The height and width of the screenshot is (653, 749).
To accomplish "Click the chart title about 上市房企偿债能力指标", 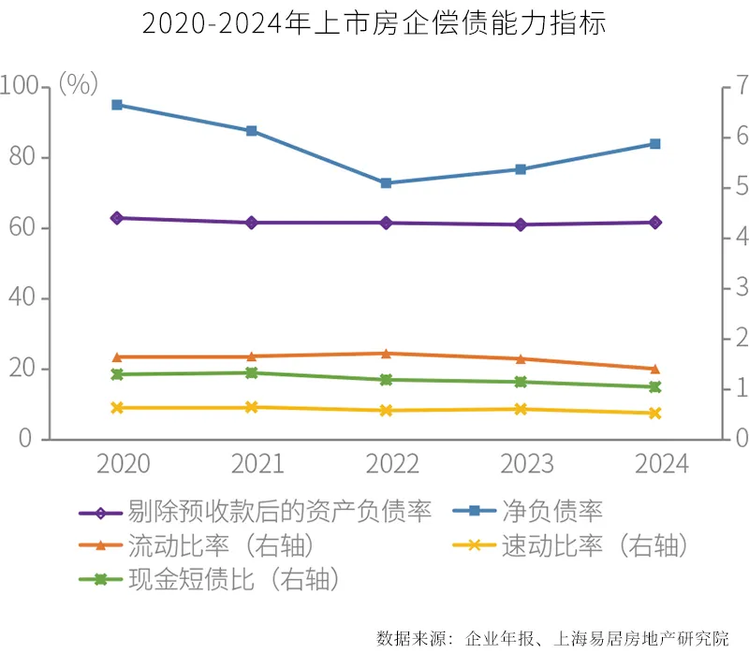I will (374, 23).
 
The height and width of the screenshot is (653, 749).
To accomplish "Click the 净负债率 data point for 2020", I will (117, 105).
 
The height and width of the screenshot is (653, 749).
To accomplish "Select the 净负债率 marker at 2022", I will (386, 183).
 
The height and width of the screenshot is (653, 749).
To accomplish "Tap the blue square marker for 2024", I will (655, 144).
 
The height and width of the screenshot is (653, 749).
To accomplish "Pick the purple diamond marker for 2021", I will (252, 223).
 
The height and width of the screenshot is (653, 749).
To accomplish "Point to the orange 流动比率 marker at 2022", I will (386, 354).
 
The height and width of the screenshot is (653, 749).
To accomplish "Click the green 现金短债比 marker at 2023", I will (521, 382).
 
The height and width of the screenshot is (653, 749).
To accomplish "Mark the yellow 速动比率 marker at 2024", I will (655, 413).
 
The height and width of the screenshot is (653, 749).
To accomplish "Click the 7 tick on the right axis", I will (730, 87).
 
